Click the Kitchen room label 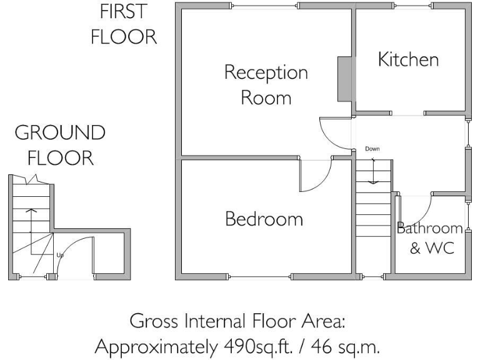click(x=408, y=60)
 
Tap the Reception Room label click(x=266, y=86)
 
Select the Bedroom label click(x=264, y=219)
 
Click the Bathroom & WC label click(x=431, y=238)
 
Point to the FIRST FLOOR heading click(x=123, y=24)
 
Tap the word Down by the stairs click(x=372, y=149)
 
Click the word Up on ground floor click(x=60, y=255)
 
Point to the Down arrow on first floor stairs click(x=373, y=171)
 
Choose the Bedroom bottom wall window click(x=260, y=276)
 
